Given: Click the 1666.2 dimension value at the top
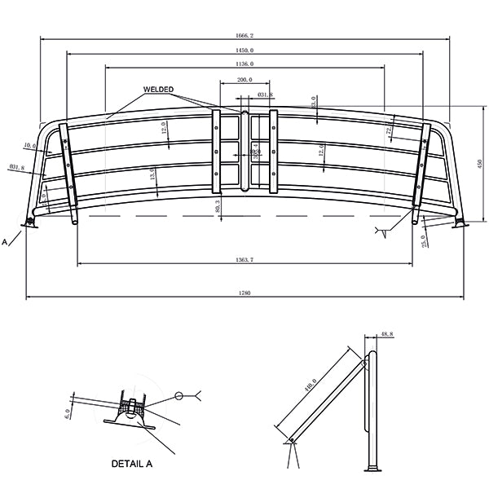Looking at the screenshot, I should point(244,36).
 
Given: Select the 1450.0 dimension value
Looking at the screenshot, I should point(244,51).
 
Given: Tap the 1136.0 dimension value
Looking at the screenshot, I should point(244,64).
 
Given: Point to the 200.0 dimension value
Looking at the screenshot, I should point(244,80).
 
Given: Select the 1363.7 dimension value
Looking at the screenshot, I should point(244,259).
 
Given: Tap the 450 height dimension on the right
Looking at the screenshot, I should point(479,164).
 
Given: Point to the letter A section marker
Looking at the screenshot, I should point(6,242).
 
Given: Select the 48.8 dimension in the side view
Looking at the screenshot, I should point(387,334).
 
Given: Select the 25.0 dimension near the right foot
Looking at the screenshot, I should point(423,242).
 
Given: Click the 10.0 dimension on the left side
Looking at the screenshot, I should point(30,146).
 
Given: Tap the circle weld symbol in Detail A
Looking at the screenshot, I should point(178,397).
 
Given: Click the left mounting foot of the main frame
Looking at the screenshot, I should point(32,222).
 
